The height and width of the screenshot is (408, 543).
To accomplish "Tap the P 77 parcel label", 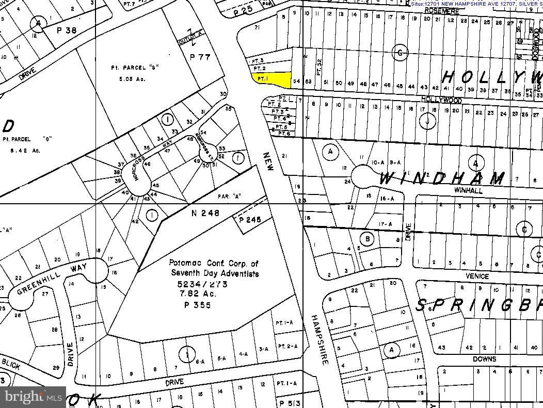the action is [x=200, y=57].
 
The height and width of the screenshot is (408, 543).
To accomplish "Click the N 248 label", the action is [x=205, y=213].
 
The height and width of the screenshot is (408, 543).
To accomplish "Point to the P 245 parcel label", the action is [x=250, y=220].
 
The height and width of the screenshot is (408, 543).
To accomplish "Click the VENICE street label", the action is [x=477, y=276].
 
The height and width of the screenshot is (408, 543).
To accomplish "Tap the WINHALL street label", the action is [x=468, y=190].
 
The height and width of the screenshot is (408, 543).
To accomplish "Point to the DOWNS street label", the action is [x=484, y=359].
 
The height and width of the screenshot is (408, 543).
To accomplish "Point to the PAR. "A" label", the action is [x=230, y=196].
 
